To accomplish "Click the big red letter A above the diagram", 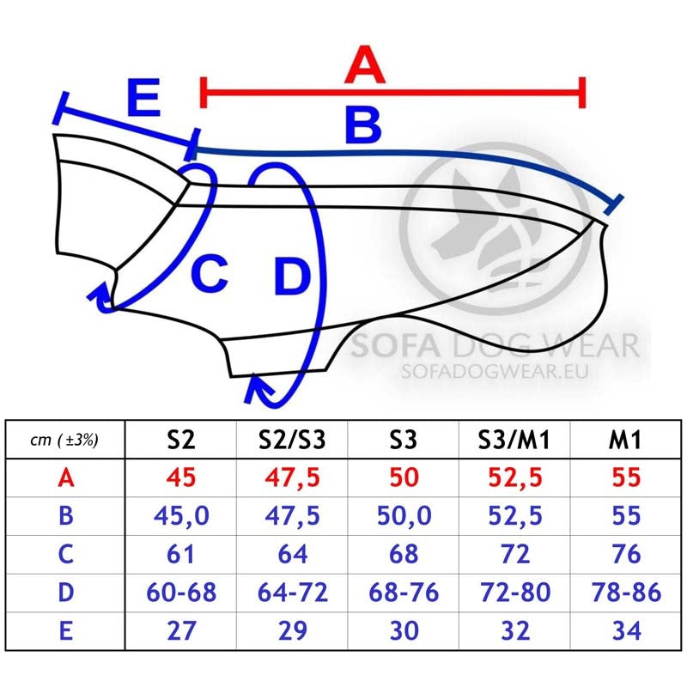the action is [365, 64].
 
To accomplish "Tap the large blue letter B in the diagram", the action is [363, 125].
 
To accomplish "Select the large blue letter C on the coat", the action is [210, 273].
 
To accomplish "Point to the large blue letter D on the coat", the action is [292, 277].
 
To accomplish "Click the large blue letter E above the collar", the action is [143, 97].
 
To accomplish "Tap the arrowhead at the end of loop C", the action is [100, 295].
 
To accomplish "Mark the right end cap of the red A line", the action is [582, 93].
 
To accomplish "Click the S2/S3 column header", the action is [292, 440].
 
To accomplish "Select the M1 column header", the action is [625, 440].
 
